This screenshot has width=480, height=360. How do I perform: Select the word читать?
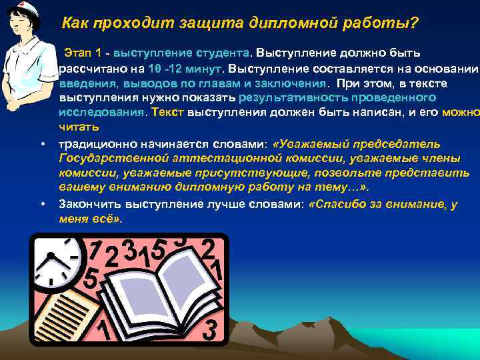(x=78, y=127)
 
